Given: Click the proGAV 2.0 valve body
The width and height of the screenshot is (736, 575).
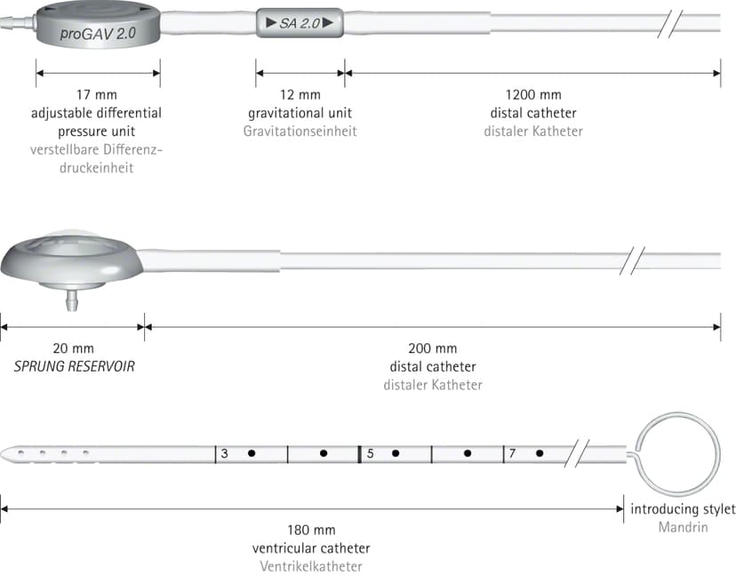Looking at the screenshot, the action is tap(98, 25).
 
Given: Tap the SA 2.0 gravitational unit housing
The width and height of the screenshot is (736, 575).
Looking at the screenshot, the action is tap(300, 22).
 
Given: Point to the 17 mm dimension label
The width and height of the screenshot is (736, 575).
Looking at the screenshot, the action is tap(97, 95).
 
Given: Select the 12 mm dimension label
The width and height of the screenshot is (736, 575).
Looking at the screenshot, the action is tap(300, 95).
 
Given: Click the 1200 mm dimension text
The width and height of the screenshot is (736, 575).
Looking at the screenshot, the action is tap(533, 95).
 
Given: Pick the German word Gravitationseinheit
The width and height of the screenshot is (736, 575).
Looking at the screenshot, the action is tap(300, 131).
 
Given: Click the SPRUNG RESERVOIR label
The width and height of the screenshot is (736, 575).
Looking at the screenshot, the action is tap(74, 366).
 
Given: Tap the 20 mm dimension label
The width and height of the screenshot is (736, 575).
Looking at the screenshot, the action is tap(73, 348).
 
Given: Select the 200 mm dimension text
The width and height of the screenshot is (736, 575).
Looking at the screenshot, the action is tap(432, 348).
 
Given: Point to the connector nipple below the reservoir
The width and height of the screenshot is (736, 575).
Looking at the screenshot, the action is tap(72, 299).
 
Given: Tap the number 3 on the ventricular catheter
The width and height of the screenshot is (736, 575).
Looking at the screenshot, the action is tap(224, 453).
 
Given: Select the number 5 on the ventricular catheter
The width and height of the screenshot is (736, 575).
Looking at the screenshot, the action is tap(371, 453).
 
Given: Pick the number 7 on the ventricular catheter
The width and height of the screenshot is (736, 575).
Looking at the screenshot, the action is tap(512, 453).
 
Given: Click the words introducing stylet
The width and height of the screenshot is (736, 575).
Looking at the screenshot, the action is tap(683, 509).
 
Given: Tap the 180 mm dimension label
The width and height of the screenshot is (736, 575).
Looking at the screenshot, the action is tap(311, 531).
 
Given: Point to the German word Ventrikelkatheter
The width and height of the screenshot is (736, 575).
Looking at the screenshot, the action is tap(311, 566).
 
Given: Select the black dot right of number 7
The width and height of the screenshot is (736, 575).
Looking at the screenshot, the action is tap(540, 453).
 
